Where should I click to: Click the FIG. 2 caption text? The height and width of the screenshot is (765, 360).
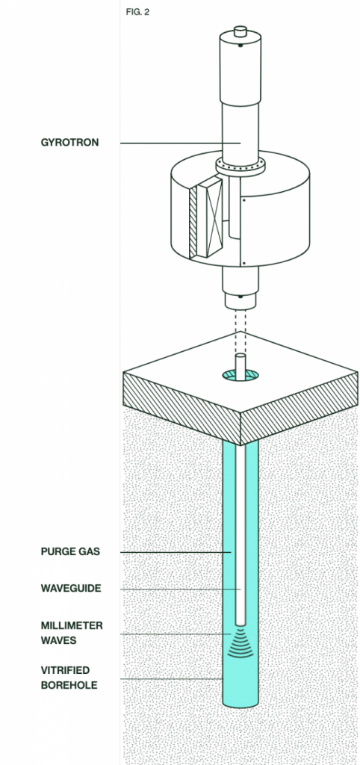[x=137, y=12]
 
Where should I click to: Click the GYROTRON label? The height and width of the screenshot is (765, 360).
[x=69, y=143]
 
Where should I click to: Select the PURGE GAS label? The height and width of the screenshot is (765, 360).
[x=70, y=552]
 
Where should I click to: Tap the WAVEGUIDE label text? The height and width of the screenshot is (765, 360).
[x=71, y=589]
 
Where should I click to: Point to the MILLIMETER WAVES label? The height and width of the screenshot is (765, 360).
[x=72, y=633]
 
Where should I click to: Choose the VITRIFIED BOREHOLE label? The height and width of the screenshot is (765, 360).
[x=69, y=678]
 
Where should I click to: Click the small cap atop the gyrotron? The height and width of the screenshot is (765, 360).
[x=240, y=31]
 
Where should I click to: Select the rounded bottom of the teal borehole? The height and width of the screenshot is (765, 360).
[x=240, y=702]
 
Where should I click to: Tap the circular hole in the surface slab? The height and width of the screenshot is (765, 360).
[x=240, y=376]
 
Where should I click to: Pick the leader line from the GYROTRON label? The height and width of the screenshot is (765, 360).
[x=181, y=143]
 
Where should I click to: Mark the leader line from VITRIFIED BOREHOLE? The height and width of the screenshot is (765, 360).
[x=172, y=679]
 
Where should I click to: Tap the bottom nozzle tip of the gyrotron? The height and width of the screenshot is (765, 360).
[x=240, y=300]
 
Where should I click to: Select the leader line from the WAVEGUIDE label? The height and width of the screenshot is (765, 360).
[x=181, y=589]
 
